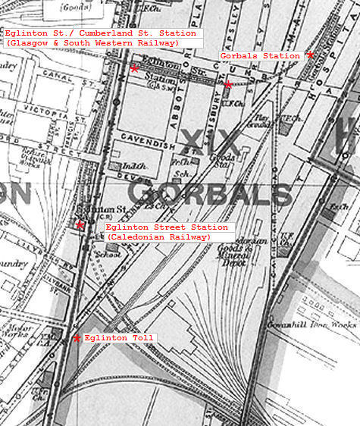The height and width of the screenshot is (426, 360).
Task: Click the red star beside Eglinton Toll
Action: pyautogui.click(x=77, y=338)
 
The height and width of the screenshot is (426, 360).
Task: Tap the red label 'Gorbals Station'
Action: pyautogui.click(x=249, y=56)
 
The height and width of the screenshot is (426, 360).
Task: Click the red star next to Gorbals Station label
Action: pyautogui.click(x=310, y=55)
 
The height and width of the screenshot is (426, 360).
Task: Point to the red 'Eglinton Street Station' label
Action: pyautogui.click(x=166, y=227)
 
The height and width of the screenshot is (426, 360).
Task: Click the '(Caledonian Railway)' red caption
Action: pyautogui.click(x=158, y=237)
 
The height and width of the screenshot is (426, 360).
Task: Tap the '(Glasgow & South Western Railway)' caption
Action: pyautogui.click(x=92, y=43)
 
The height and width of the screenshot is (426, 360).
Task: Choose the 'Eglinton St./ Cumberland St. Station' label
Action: pyautogui.click(x=100, y=33)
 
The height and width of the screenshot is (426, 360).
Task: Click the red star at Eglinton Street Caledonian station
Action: pyautogui.click(x=80, y=224)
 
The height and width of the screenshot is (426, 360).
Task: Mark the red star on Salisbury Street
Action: pyautogui.click(x=227, y=84)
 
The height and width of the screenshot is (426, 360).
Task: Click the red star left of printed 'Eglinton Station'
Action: pyautogui.click(x=134, y=69)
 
